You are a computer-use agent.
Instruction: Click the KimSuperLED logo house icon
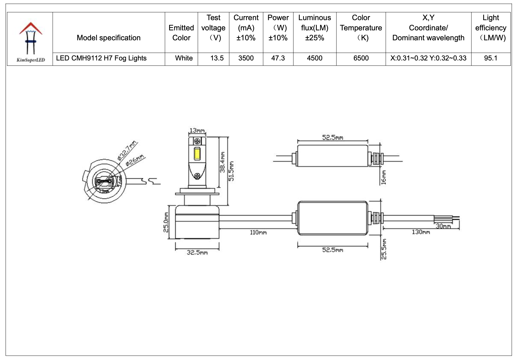click(x=31, y=38)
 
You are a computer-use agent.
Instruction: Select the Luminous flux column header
click(x=314, y=28)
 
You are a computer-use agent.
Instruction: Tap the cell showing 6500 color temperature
click(x=361, y=58)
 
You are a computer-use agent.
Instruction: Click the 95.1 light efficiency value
click(x=490, y=58)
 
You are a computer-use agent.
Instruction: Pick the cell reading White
click(x=184, y=58)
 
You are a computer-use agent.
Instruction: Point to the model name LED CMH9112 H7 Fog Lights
click(x=101, y=58)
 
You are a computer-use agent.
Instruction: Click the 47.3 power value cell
click(x=278, y=58)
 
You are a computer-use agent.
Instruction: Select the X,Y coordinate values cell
click(x=428, y=58)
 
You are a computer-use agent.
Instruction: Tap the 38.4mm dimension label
click(x=222, y=162)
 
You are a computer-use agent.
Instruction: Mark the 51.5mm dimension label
click(x=231, y=171)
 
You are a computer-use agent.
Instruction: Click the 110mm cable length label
click(x=258, y=232)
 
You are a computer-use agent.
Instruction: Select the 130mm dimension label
click(x=421, y=232)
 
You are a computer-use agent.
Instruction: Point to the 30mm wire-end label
click(x=443, y=226)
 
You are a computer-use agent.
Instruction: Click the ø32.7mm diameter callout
click(x=127, y=150)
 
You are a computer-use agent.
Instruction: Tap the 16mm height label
click(x=384, y=177)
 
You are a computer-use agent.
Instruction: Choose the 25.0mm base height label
click(x=166, y=222)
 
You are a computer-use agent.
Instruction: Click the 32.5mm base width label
click(x=197, y=253)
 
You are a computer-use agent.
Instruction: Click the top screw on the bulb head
click(x=197, y=141)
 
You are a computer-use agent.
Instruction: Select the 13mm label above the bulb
click(x=197, y=131)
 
